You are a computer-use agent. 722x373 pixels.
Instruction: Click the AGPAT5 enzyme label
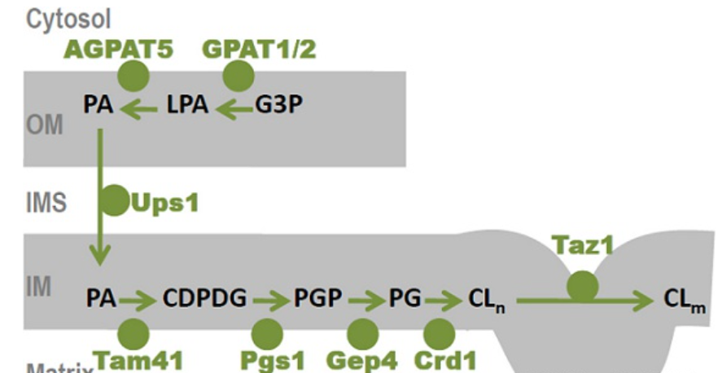(118, 50)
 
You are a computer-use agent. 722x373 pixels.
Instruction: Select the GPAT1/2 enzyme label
(259, 50)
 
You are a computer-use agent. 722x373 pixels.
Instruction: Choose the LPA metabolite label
(188, 107)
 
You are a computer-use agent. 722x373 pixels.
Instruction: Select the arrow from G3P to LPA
(234, 109)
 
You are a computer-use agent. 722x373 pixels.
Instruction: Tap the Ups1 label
(164, 201)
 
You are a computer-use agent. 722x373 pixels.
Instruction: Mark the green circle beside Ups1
(114, 200)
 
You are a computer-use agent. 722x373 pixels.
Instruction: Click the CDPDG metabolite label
(205, 300)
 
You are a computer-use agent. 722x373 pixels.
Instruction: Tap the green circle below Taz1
(582, 285)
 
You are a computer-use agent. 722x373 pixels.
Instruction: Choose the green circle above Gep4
(362, 333)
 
